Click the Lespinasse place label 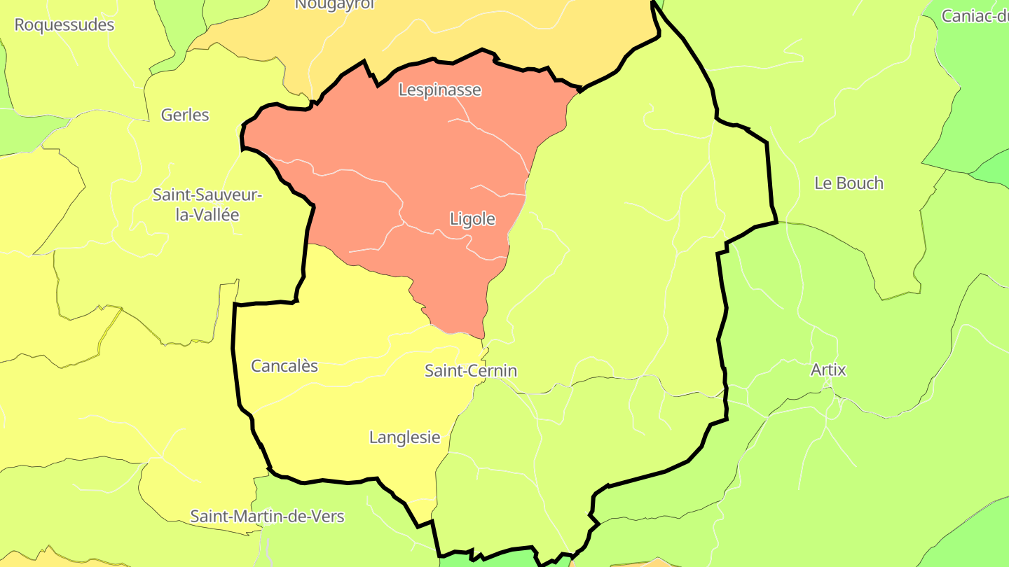click(x=440, y=90)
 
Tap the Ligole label click(x=472, y=219)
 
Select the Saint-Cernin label click(x=471, y=370)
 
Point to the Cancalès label click(x=284, y=365)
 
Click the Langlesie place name click(x=405, y=437)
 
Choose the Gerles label click(x=185, y=115)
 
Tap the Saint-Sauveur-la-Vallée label click(x=207, y=204)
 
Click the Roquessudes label click(x=64, y=24)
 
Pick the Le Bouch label click(x=849, y=183)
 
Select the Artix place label click(x=828, y=370)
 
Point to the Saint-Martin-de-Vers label click(x=268, y=517)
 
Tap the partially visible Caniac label click(x=975, y=15)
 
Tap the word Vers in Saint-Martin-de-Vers click(x=328, y=517)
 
